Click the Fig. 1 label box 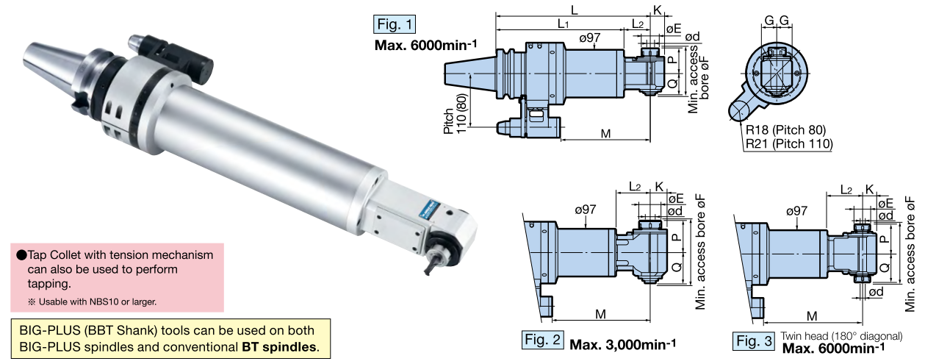pos(395,24)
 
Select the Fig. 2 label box pos(543,341)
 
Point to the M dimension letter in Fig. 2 pos(600,315)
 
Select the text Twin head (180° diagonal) pos(842,335)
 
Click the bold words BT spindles pos(280,346)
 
